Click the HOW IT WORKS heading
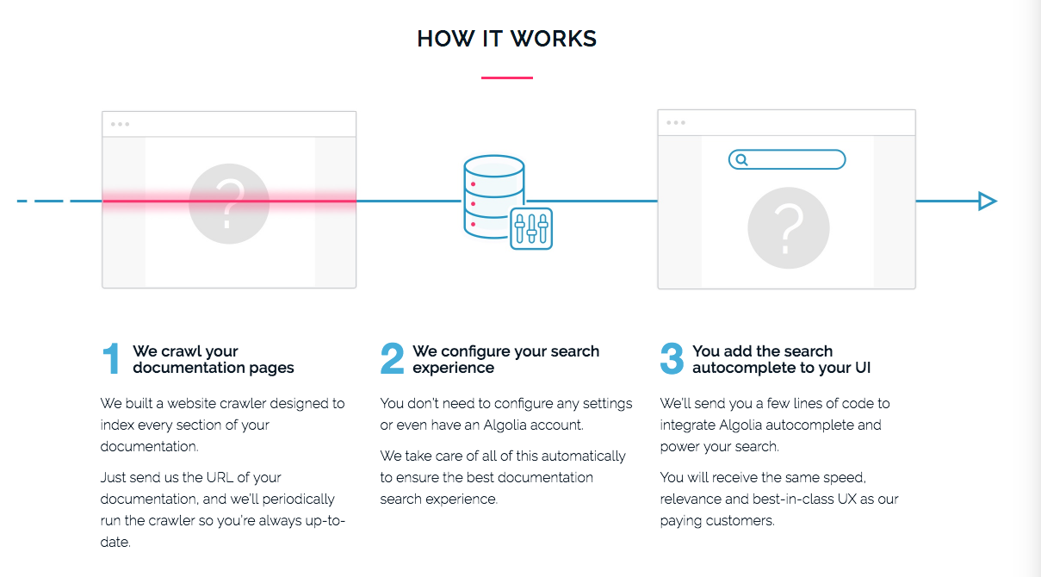pyautogui.click(x=506, y=39)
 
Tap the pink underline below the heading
pyautogui.click(x=506, y=78)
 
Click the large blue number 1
pyautogui.click(x=111, y=359)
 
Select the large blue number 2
pyautogui.click(x=392, y=359)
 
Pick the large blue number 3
pyautogui.click(x=672, y=359)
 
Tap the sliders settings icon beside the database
pyautogui.click(x=531, y=228)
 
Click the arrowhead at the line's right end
pyautogui.click(x=987, y=202)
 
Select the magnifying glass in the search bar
pyautogui.click(x=741, y=160)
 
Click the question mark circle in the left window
pyautogui.click(x=228, y=202)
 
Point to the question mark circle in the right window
pyautogui.click(x=788, y=228)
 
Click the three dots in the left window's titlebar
pyautogui.click(x=120, y=124)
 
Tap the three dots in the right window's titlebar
pyautogui.click(x=676, y=122)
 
